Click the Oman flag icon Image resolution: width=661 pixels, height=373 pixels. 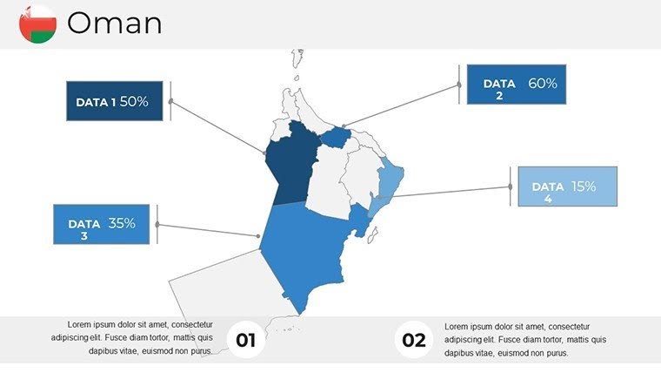tap(37, 24)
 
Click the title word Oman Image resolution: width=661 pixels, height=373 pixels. tap(114, 24)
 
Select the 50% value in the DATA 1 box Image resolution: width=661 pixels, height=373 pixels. tap(134, 101)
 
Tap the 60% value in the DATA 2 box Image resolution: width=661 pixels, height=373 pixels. tap(542, 84)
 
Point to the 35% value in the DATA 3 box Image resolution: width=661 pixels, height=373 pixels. tap(122, 223)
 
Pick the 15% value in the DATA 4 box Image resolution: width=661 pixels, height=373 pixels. tap(584, 186)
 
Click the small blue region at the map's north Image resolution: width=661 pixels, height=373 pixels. tap(336, 138)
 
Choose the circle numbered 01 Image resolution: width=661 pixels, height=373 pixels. tap(246, 340)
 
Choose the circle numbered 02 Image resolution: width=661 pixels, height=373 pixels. tap(414, 340)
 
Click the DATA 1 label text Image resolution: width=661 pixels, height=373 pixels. tap(96, 102)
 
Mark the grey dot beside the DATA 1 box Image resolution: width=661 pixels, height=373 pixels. tap(170, 101)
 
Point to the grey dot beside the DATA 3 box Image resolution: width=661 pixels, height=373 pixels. tap(157, 224)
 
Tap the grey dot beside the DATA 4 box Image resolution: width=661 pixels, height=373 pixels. tap(510, 186)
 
